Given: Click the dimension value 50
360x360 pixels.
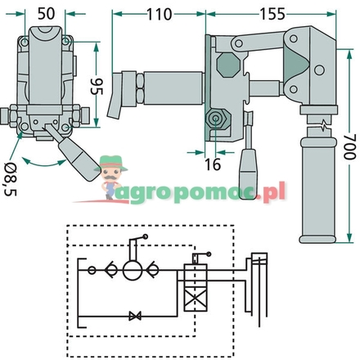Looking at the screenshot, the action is tap(46, 14).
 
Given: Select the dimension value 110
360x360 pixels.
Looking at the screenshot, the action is tap(160, 14).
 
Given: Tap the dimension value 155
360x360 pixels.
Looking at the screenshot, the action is tap(272, 14).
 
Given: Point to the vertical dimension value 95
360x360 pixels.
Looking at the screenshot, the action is tap(97, 87).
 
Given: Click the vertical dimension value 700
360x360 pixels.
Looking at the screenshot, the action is tap(349, 146).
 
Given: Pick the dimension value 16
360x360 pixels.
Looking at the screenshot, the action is tap(213, 164).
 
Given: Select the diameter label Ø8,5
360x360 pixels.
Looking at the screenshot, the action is tap(11, 179).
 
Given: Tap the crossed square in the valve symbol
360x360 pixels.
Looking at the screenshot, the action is tap(196, 299).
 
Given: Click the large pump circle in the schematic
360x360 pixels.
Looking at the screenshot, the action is tap(133, 271).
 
